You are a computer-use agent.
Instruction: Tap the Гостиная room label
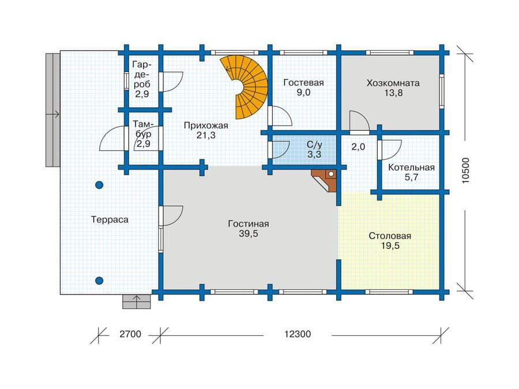[x=249, y=224]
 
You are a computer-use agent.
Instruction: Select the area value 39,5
[x=249, y=234]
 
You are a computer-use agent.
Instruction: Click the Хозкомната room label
[x=393, y=83]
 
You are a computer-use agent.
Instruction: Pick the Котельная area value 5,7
[x=411, y=178]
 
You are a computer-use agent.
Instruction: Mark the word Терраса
[x=110, y=220]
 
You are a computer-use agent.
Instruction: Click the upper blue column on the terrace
[x=99, y=185]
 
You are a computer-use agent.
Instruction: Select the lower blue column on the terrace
[x=99, y=280]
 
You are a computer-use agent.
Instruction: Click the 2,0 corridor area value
[x=358, y=147]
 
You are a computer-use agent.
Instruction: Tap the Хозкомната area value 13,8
[x=393, y=93]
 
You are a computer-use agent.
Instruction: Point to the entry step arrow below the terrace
[x=137, y=299]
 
